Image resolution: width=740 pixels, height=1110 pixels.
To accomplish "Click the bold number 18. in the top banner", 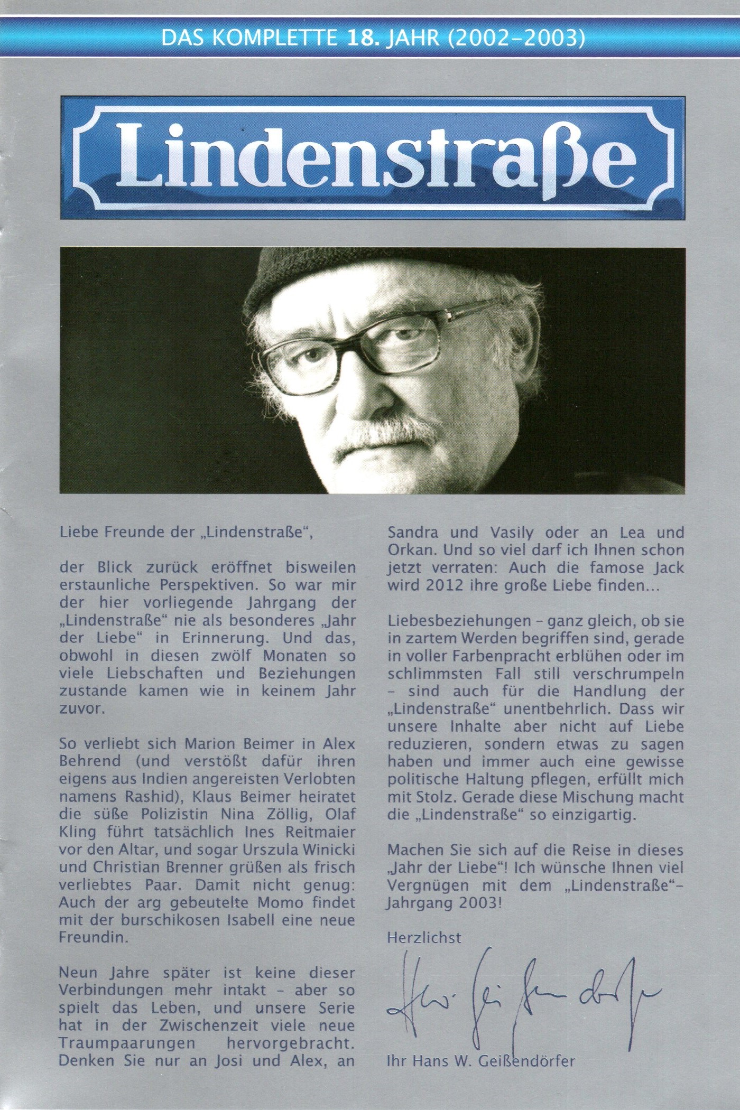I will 362,39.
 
